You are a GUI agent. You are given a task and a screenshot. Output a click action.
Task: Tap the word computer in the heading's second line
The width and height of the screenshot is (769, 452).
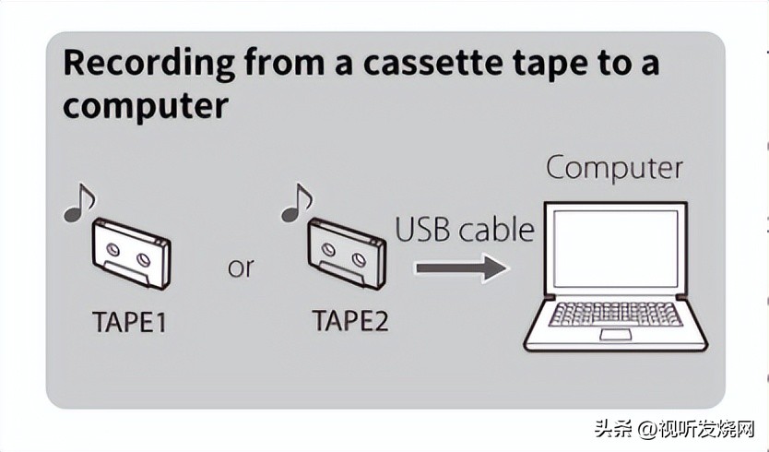click(x=145, y=105)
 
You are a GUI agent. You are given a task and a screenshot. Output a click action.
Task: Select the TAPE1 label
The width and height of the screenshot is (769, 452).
click(x=131, y=323)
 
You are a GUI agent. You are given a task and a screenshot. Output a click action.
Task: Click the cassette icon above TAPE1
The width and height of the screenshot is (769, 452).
click(x=132, y=253)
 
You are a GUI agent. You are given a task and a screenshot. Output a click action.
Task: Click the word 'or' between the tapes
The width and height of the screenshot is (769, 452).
click(x=240, y=268)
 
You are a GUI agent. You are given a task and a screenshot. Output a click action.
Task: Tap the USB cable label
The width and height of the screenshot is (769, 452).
click(x=465, y=229)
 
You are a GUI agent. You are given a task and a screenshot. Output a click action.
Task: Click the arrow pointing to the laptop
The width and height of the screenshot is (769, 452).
click(x=461, y=268)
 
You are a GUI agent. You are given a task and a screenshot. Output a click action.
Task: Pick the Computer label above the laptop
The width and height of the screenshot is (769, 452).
click(x=614, y=169)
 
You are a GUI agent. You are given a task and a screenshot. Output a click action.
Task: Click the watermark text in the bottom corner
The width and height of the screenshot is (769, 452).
click(x=675, y=430)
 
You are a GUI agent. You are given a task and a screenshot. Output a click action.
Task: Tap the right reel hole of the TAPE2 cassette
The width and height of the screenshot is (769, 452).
click(x=361, y=250)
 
